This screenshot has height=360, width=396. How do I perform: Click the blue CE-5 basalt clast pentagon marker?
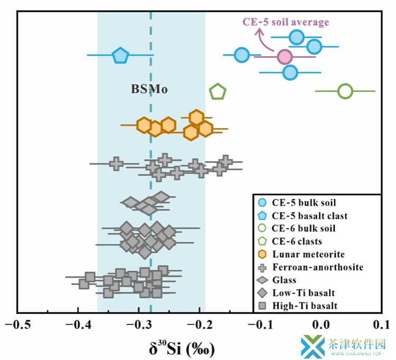pyautogui.click(x=120, y=56)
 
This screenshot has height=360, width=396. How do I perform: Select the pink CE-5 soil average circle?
pyautogui.click(x=285, y=57)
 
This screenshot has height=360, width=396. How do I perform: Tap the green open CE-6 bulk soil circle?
pyautogui.click(x=345, y=91)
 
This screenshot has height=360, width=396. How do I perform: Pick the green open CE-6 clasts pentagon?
pyautogui.click(x=218, y=91)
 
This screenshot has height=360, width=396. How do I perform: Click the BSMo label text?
pyautogui.click(x=149, y=89)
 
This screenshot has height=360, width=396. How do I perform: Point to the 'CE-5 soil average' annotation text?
pyautogui.click(x=286, y=22)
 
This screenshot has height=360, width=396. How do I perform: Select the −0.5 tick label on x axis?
pyautogui.click(x=18, y=325)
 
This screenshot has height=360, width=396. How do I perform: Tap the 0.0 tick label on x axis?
pyautogui.click(x=320, y=325)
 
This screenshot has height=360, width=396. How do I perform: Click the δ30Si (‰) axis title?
pyautogui.click(x=182, y=348)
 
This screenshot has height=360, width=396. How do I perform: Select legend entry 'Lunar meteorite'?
pyautogui.click(x=301, y=254)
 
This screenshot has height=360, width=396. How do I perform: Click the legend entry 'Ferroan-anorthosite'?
pyautogui.click(x=310, y=267)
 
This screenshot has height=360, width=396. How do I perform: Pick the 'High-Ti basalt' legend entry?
pyautogui.click(x=297, y=306)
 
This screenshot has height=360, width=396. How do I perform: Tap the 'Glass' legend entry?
pyautogui.click(x=276, y=280)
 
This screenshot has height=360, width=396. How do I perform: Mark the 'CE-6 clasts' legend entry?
pyautogui.click(x=290, y=241)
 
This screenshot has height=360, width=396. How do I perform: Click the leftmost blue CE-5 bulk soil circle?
pyautogui.click(x=242, y=55)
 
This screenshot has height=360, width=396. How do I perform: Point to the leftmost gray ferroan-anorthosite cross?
pyautogui.click(x=116, y=163)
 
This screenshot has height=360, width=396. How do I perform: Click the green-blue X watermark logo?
pyautogui.click(x=313, y=346)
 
